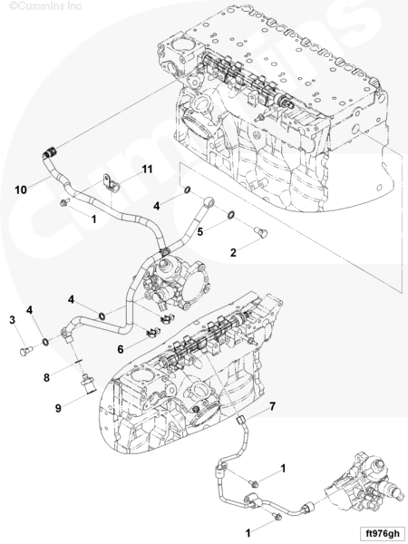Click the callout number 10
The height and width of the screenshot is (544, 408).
(21, 189)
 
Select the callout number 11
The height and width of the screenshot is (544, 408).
(147, 170)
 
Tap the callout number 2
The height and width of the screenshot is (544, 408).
(233, 253)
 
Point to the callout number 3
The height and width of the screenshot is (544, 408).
(13, 319)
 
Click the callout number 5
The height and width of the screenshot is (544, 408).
(200, 232)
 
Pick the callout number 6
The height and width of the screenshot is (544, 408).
(121, 349)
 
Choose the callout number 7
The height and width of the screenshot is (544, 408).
(273, 406)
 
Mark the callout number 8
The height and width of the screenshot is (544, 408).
(46, 377)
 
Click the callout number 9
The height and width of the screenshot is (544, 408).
(58, 408)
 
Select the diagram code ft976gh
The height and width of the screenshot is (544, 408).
(380, 533)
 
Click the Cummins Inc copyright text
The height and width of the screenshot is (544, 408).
(45, 5)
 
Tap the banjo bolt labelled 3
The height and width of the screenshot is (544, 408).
(25, 352)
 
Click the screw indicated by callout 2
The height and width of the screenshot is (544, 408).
(260, 232)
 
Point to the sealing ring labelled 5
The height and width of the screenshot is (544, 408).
(231, 215)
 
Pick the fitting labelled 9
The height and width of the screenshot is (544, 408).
(87, 384)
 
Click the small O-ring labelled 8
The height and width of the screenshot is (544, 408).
(78, 361)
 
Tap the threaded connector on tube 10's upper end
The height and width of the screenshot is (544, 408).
(51, 152)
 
